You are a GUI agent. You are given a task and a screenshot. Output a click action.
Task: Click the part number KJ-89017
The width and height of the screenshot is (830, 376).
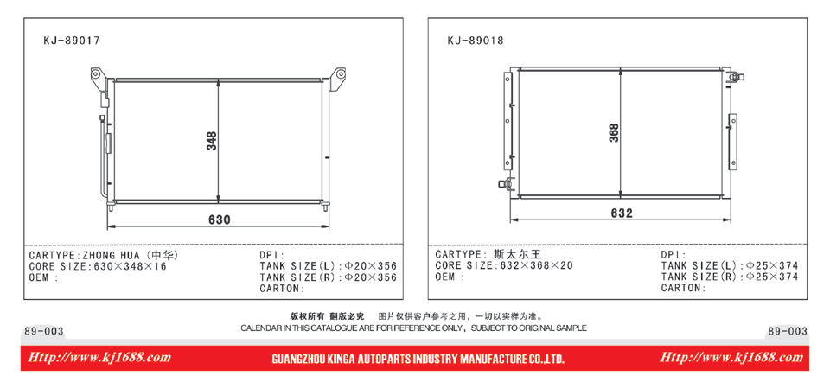click(72, 41)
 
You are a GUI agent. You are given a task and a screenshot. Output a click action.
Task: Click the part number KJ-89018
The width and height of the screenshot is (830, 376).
click(476, 41)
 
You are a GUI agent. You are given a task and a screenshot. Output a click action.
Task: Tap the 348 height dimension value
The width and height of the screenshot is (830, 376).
click(212, 141)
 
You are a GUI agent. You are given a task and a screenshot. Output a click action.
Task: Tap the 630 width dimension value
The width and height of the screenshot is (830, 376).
click(219, 220)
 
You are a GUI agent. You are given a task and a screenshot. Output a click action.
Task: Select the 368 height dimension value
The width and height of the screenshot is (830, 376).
click(614, 132)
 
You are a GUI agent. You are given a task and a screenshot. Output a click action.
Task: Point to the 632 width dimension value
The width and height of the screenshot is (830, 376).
click(622, 213)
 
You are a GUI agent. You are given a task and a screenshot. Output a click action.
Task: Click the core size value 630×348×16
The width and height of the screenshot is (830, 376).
click(130, 267)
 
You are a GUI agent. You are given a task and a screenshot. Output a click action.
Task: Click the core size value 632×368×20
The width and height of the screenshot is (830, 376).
click(536, 266)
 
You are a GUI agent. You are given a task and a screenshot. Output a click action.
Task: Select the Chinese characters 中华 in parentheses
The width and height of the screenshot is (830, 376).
click(163, 255)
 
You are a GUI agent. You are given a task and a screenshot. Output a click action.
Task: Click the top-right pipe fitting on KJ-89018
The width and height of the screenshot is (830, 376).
click(737, 77)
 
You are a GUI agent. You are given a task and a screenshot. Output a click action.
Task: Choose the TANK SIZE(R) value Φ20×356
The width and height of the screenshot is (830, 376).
click(371, 277)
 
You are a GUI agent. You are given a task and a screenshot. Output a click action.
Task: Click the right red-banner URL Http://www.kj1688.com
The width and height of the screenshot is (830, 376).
click(731, 358)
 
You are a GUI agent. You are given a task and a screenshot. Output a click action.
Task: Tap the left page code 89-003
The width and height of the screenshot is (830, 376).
click(44, 332)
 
